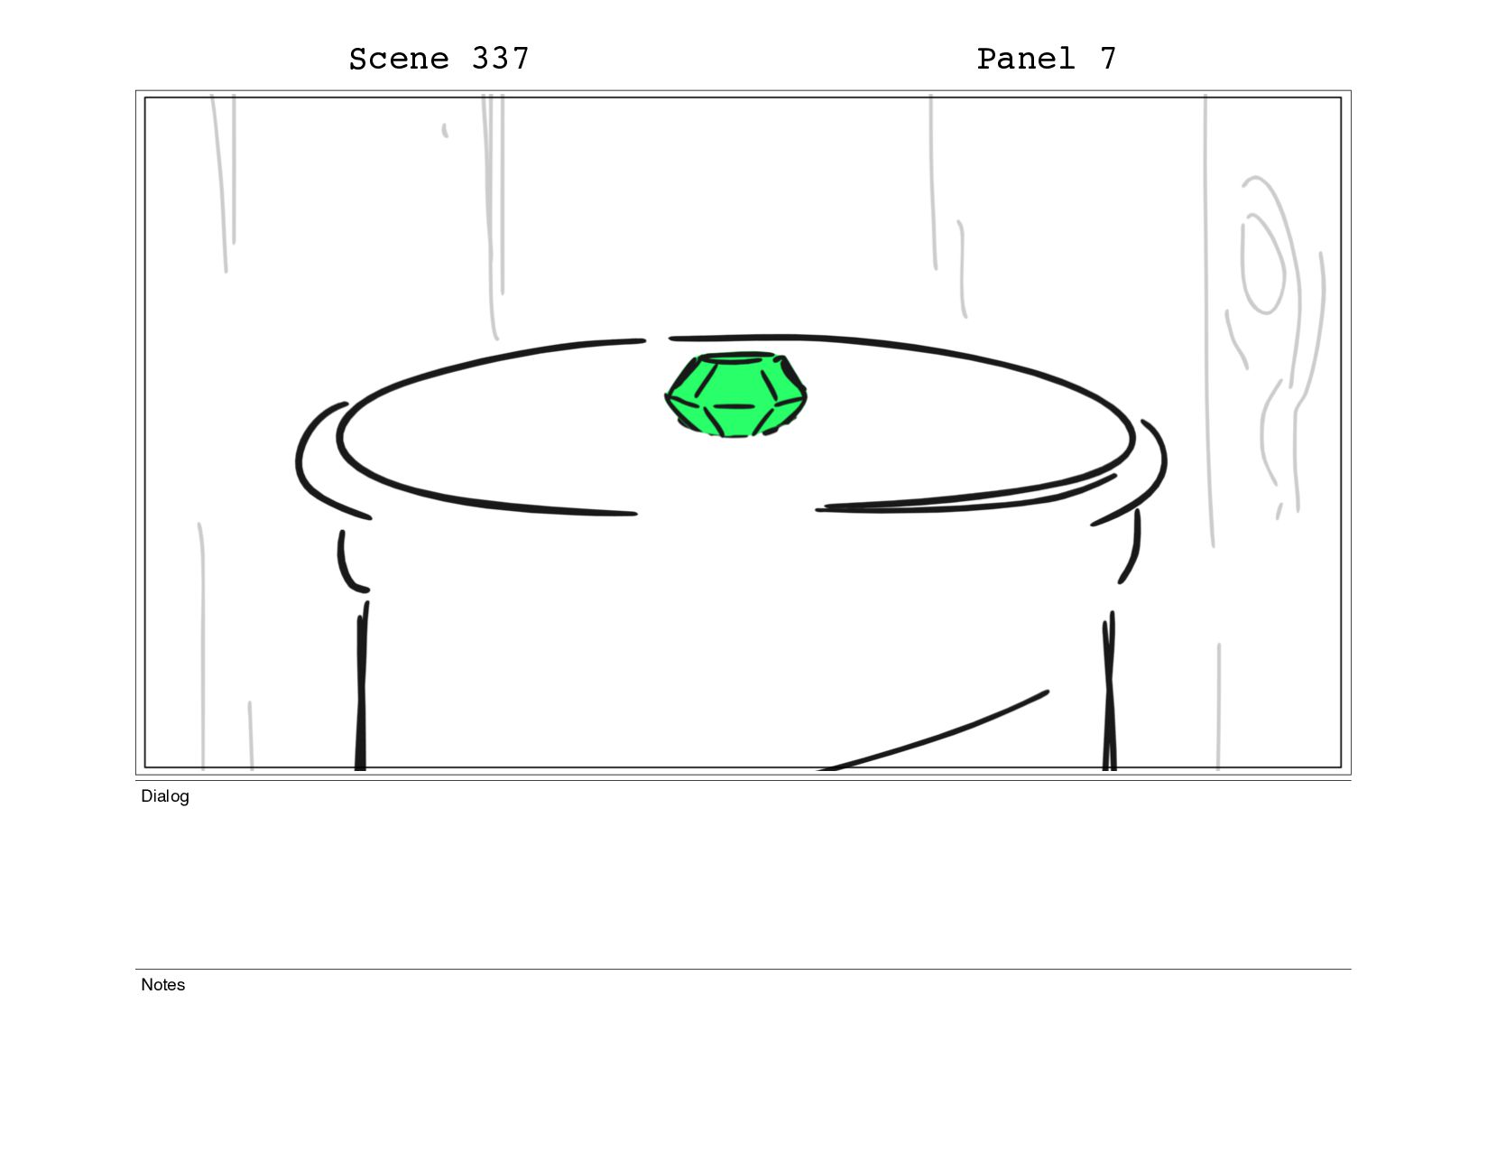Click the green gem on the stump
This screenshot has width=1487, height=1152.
pyautogui.click(x=735, y=395)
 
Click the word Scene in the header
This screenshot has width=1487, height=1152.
pyautogui.click(x=398, y=59)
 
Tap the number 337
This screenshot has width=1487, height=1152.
pyautogui.click(x=500, y=59)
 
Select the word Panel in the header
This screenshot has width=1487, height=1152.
pyautogui.click(x=1025, y=59)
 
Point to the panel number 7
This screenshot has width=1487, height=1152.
pyautogui.click(x=1109, y=59)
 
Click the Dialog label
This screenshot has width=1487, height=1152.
pyautogui.click(x=165, y=796)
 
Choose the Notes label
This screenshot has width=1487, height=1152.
pyautogui.click(x=162, y=984)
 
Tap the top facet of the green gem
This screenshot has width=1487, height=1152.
pyautogui.click(x=735, y=358)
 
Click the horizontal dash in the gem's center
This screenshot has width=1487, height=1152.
pyautogui.click(x=734, y=406)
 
